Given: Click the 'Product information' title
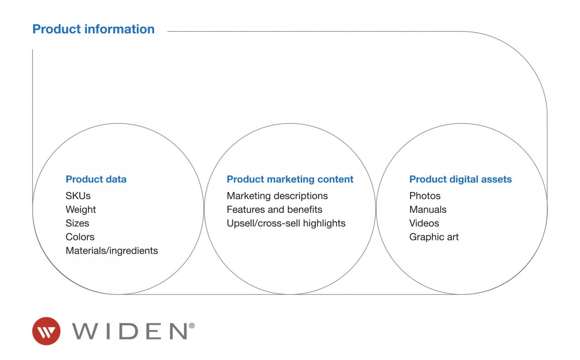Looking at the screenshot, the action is (x=93, y=29).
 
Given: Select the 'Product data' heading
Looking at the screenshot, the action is (x=96, y=179).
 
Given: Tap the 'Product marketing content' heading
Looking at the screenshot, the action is (x=290, y=179).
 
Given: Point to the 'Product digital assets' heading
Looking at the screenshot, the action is (x=461, y=179).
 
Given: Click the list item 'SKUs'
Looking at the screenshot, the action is (x=78, y=196).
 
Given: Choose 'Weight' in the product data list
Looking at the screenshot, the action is (x=81, y=210).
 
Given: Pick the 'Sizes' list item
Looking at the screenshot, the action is (x=77, y=223).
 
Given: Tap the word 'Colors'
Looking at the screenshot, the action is (x=80, y=237).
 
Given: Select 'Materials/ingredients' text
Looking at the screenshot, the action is (x=112, y=251).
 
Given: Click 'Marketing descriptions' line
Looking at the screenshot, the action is (x=277, y=196).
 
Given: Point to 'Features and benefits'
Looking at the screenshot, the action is (x=275, y=210).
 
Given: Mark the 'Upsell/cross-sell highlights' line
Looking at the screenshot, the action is (x=286, y=223).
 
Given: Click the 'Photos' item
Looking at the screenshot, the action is (x=425, y=196).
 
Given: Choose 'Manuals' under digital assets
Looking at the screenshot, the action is (x=428, y=210).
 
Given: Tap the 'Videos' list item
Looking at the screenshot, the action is (x=424, y=223).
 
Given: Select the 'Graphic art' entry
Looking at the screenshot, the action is (x=434, y=237).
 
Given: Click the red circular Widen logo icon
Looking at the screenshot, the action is (x=46, y=331).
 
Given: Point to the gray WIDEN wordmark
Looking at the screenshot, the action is (x=130, y=331).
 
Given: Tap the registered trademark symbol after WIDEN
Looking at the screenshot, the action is (x=192, y=326).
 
